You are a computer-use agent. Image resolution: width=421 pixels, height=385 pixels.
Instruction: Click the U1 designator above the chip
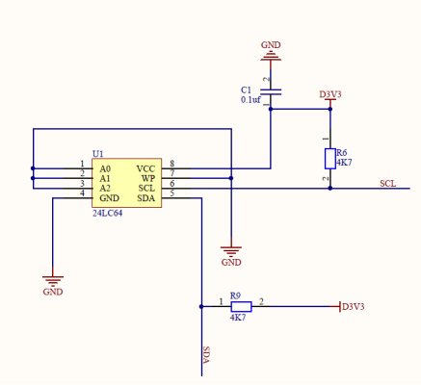point(97,153)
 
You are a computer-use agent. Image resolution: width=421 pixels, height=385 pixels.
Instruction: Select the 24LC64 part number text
point(107,214)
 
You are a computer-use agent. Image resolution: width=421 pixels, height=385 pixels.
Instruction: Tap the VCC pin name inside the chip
point(145,168)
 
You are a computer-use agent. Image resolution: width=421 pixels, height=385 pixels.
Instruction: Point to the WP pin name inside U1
point(147,178)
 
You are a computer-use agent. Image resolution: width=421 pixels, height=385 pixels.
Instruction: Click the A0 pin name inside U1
point(105,168)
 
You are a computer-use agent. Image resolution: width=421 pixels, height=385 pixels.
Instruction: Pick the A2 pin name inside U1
point(105,188)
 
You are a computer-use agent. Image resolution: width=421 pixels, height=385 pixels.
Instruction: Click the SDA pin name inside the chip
point(145,198)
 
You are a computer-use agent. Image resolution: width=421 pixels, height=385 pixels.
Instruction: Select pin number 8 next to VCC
point(171,164)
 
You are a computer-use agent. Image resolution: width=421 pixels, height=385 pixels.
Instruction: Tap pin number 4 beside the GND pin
point(82,193)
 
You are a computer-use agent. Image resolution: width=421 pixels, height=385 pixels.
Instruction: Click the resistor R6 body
point(329,158)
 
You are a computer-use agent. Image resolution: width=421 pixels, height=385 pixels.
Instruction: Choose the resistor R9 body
point(240,306)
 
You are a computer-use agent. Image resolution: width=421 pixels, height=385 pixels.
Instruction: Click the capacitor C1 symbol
point(271,92)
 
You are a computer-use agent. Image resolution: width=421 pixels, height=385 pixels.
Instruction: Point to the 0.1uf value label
point(250,99)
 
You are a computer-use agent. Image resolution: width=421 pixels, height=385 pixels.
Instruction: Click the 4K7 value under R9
point(238,318)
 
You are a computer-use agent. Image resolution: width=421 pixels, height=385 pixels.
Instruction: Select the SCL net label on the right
point(387,183)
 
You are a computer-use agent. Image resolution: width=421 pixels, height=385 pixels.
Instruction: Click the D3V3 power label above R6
point(330,94)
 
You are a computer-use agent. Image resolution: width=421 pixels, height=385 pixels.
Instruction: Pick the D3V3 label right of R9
point(354,307)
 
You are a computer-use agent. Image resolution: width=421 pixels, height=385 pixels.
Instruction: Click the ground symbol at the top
point(271,57)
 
